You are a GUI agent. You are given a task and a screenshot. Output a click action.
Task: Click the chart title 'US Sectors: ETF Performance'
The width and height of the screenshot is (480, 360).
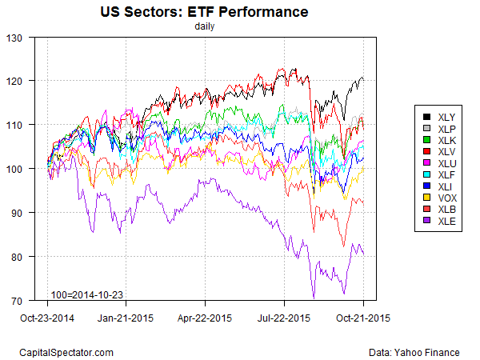[x=204, y=13]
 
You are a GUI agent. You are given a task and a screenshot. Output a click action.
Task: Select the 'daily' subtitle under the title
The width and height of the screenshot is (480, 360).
[x=204, y=26]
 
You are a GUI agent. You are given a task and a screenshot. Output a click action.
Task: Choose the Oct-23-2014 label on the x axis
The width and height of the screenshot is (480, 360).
[x=47, y=317]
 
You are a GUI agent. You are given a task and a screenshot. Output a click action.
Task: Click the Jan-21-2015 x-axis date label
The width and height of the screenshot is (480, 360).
[x=126, y=317]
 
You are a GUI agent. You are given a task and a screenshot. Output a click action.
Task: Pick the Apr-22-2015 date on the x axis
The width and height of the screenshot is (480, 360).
[x=205, y=317]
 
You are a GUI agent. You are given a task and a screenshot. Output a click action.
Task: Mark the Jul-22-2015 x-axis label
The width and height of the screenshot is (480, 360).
[x=285, y=317]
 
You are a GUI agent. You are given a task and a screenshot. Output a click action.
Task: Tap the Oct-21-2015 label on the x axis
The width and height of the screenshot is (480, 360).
[x=363, y=317]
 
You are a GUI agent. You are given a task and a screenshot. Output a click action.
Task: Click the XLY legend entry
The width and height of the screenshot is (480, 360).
[x=442, y=117]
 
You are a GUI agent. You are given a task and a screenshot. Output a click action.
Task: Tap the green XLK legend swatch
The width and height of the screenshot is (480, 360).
[x=427, y=139]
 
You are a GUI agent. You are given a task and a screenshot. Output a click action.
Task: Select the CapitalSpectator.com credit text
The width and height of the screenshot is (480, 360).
[x=66, y=352]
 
